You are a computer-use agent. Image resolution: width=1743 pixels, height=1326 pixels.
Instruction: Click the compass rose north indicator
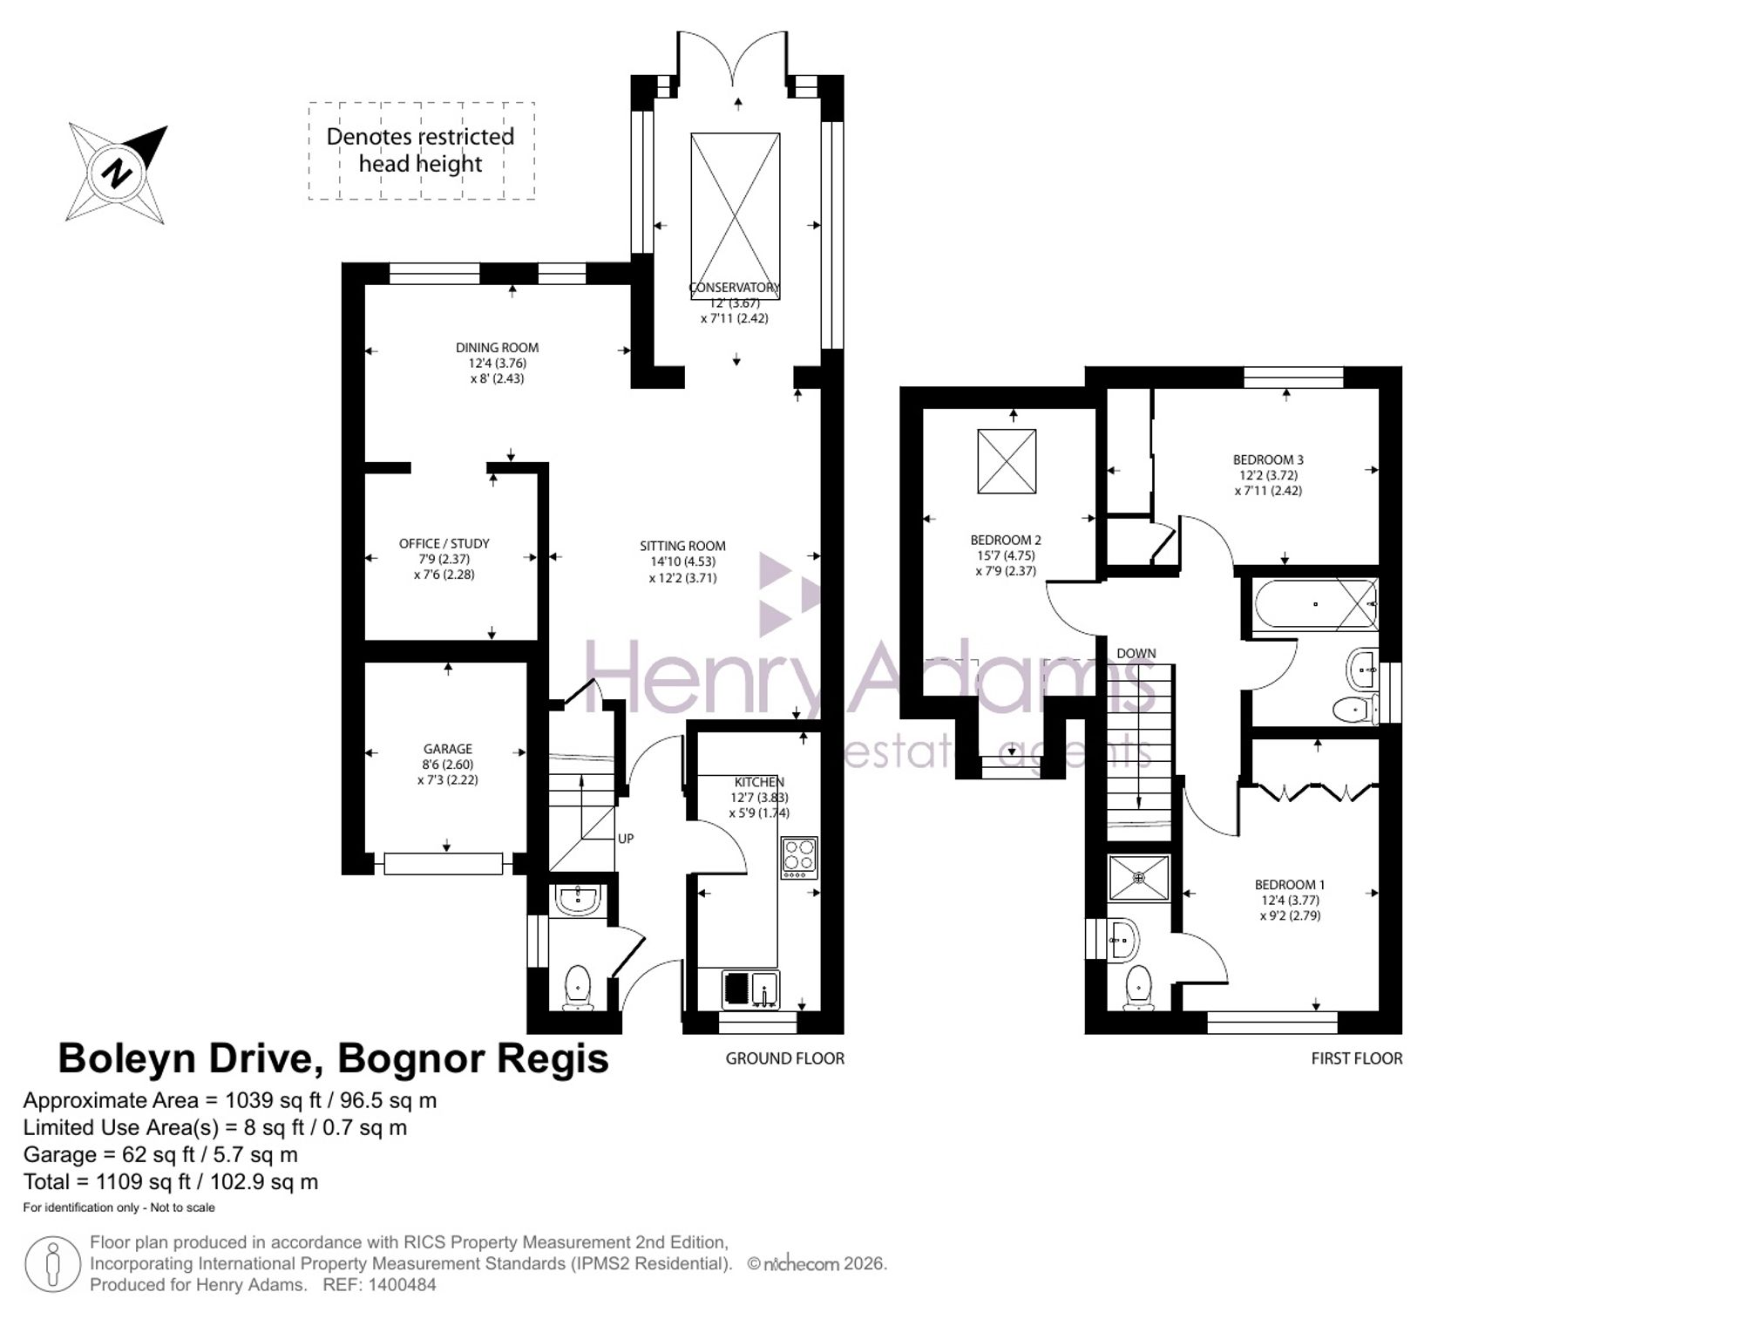click(x=116, y=173)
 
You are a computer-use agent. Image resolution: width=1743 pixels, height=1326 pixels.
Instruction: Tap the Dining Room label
click(x=497, y=347)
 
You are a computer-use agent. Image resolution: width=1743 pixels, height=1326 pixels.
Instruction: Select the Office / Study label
click(x=444, y=543)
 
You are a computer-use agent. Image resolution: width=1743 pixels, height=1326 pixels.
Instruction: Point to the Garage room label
click(x=448, y=749)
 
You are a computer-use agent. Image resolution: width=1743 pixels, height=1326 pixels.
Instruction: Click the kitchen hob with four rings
click(x=799, y=857)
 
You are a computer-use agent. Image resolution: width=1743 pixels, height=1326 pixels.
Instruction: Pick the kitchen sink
click(x=750, y=990)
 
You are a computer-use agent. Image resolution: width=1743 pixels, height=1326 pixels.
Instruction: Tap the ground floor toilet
click(x=578, y=988)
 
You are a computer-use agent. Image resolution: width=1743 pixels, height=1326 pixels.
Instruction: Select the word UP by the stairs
click(x=626, y=839)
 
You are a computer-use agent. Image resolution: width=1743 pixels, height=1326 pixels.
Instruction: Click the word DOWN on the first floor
click(x=1136, y=653)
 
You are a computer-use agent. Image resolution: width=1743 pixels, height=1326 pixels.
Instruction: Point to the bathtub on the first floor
click(x=1315, y=604)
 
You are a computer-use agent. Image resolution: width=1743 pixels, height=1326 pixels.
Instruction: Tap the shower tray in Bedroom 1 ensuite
click(x=1139, y=878)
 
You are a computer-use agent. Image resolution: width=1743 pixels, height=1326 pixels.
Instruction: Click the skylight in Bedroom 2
click(x=1007, y=461)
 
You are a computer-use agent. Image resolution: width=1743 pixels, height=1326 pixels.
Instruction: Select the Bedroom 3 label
click(x=1268, y=459)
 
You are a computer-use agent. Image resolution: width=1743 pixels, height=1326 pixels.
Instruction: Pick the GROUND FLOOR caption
click(x=785, y=1058)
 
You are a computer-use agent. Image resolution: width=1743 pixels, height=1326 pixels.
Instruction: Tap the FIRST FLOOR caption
click(x=1357, y=1058)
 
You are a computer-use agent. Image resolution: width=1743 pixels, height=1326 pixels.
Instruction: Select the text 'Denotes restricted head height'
click(x=420, y=150)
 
